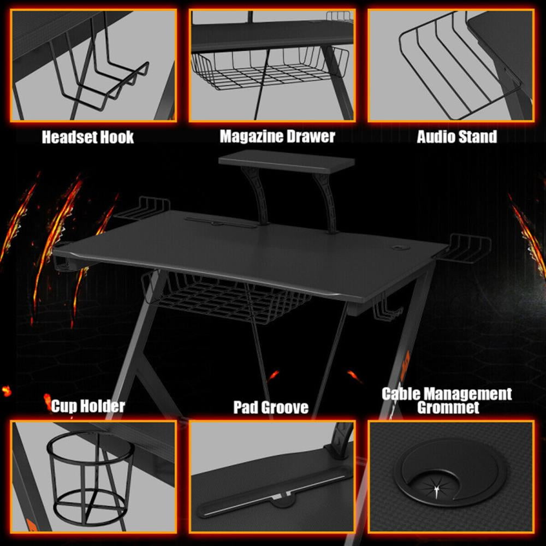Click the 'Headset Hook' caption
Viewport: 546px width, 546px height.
(88, 136)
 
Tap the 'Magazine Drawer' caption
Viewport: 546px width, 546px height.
(277, 136)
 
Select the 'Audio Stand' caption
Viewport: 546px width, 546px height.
(457, 136)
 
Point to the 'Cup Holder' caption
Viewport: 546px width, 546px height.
(88, 406)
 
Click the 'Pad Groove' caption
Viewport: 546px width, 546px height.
(271, 407)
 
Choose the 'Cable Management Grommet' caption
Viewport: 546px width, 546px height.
(447, 400)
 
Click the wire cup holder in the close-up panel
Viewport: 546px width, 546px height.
(91, 475)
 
